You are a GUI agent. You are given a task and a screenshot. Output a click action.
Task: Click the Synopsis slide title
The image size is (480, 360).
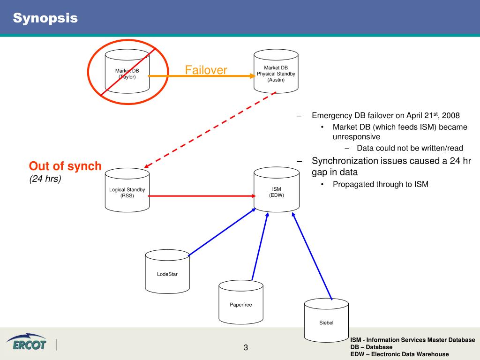click(x=45, y=18)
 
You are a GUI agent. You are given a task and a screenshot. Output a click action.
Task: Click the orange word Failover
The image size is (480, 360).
click(x=206, y=70)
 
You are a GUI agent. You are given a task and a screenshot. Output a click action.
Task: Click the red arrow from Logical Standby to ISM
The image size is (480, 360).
click(x=202, y=196)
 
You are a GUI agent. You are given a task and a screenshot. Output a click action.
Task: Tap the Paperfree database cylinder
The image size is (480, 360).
click(x=241, y=303)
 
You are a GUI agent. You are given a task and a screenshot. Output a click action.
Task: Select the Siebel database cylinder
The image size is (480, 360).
click(x=326, y=321)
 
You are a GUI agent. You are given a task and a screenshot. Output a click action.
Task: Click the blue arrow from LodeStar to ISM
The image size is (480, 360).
click(x=222, y=232)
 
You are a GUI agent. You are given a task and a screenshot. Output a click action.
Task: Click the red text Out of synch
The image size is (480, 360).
click(x=65, y=166)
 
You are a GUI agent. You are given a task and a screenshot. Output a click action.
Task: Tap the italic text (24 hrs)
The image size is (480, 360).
click(x=45, y=179)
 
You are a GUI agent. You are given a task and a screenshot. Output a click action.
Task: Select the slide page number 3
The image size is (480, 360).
click(x=245, y=347)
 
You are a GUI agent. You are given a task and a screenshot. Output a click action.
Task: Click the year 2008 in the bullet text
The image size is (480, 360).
click(x=451, y=115)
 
